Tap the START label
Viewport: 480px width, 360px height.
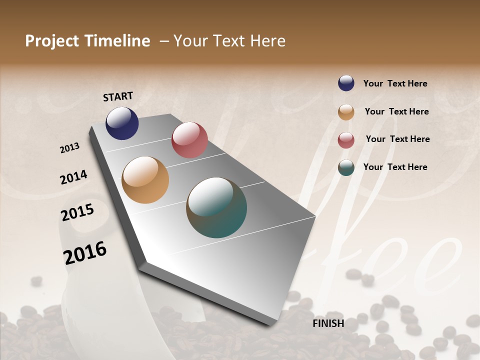118,96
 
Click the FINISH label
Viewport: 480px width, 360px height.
328,323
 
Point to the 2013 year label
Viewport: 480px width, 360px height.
70,148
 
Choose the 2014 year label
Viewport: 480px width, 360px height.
74,177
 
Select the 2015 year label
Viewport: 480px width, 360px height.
77,212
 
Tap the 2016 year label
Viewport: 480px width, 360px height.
85,252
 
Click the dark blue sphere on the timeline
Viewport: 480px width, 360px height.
122,123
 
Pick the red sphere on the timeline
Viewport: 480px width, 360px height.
189,139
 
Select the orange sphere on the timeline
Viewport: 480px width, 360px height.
145,180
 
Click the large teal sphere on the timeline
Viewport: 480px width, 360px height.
216,207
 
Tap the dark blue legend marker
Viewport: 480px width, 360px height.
346,83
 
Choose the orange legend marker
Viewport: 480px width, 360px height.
346,112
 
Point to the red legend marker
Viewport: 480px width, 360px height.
346,140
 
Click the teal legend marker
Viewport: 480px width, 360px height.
346,167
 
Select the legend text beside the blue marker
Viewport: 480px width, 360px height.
395,83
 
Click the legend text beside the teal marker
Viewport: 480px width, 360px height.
395,167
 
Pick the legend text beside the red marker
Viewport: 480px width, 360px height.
398,139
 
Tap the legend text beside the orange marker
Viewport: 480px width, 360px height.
397,111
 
